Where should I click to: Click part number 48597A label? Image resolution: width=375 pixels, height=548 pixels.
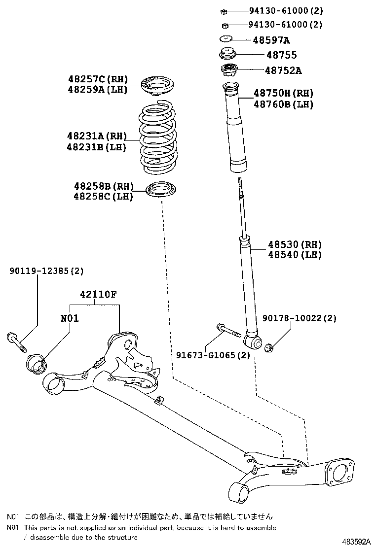[x=271, y=40]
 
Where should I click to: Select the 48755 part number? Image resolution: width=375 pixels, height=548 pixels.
[x=282, y=55]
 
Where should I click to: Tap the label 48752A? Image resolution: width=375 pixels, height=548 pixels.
[x=283, y=70]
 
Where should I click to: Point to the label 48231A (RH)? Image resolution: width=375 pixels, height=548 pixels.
[x=97, y=136]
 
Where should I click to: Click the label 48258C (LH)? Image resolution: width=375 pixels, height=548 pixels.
[x=103, y=197]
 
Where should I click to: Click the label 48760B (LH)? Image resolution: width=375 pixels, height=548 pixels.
[x=284, y=104]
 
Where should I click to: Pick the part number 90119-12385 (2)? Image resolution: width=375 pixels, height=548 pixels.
[x=46, y=271]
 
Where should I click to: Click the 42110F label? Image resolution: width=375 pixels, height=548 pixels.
[x=98, y=295]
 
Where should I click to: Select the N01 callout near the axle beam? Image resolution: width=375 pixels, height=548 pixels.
[x=70, y=318]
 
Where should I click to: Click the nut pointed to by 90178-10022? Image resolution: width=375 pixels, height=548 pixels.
[x=268, y=348]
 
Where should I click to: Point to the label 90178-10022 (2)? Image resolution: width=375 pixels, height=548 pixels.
[x=300, y=318]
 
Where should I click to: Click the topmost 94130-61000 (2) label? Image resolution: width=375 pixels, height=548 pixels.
[x=286, y=10]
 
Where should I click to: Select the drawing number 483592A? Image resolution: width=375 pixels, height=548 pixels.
[x=356, y=542]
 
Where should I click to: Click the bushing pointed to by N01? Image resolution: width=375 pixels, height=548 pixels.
[x=37, y=364]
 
